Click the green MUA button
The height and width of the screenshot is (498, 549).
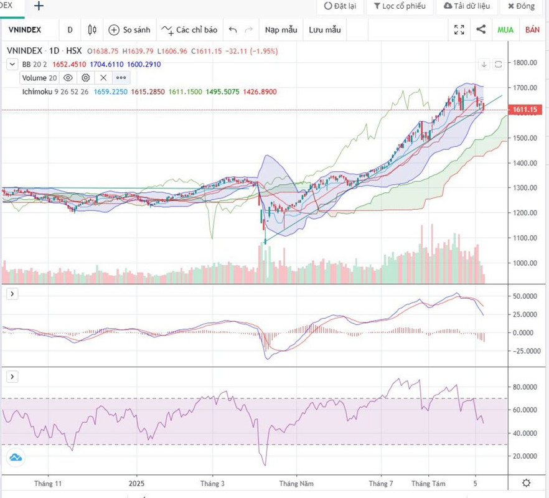coord(505,29)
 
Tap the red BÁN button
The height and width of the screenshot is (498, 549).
coord(532,29)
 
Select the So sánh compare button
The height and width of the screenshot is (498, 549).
coord(129,29)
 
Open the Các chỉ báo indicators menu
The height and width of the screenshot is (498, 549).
coord(189,29)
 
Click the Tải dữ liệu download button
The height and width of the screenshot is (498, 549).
coord(466,6)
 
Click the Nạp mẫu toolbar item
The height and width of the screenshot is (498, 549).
coord(281,29)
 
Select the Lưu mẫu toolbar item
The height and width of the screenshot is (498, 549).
coord(325,29)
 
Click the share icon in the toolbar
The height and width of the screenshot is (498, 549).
coord(481,29)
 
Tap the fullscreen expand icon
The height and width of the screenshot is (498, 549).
coord(459,29)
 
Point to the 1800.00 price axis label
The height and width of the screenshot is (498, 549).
coord(525,63)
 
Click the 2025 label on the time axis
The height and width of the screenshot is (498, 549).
coord(136,483)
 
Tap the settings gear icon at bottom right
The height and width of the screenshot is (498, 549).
coord(526,483)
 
